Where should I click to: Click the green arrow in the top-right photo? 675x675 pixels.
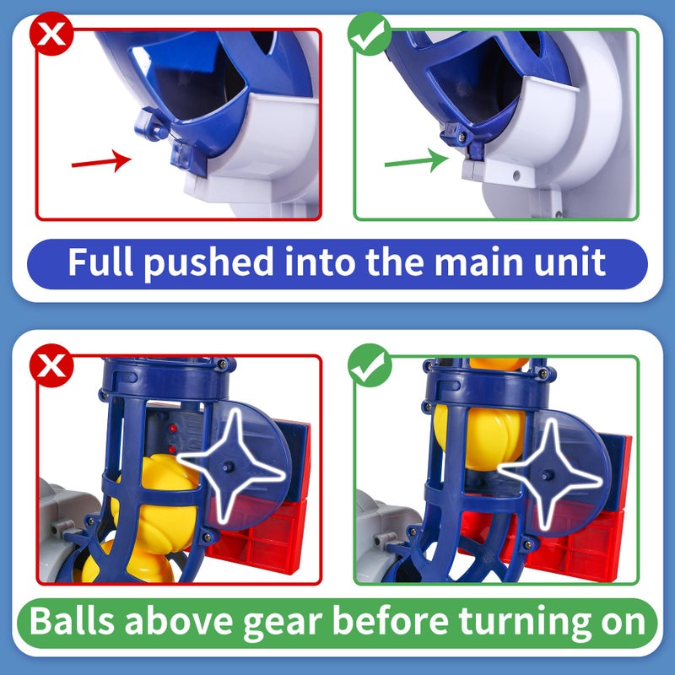point(416,159)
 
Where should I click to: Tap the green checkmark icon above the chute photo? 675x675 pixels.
point(367,35)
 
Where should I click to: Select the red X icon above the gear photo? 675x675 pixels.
point(51,364)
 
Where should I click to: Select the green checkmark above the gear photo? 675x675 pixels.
point(368,366)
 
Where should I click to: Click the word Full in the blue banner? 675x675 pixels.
point(101,262)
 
